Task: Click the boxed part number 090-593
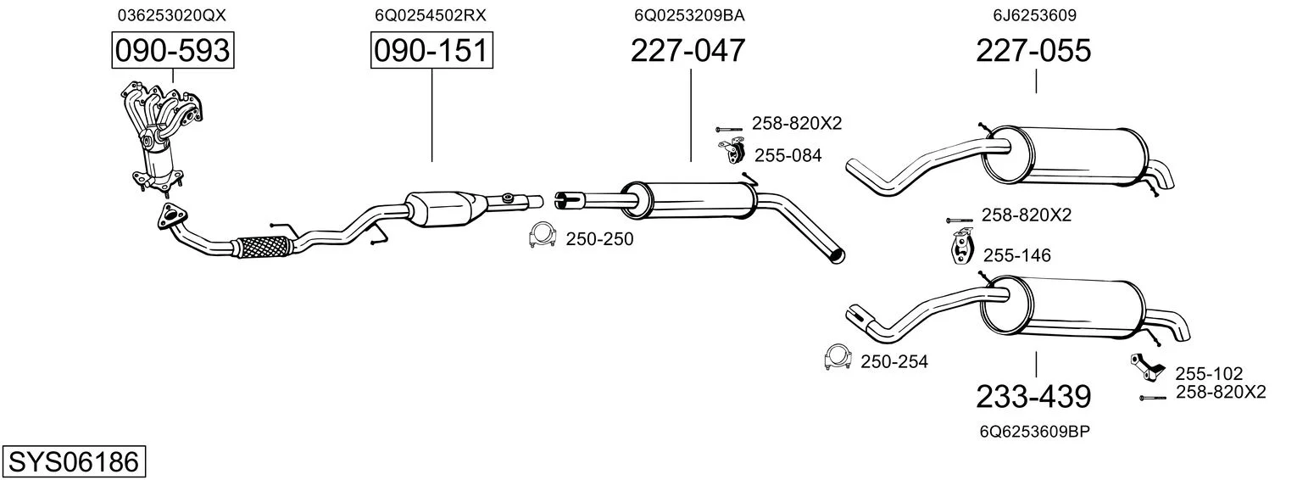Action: (173, 51)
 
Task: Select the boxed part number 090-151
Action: (431, 51)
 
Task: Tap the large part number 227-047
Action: (687, 51)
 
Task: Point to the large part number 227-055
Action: (1033, 51)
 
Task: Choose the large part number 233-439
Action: (1033, 397)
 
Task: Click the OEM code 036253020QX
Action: (172, 15)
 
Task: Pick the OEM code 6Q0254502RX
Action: (431, 15)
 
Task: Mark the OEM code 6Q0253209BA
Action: (689, 15)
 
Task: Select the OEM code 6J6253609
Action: (1035, 15)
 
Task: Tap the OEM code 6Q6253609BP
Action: (1035, 432)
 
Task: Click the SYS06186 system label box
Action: (74, 461)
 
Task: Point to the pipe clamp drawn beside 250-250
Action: (543, 234)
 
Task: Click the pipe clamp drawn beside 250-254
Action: (838, 357)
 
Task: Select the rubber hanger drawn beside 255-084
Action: (732, 150)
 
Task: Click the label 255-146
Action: (1016, 255)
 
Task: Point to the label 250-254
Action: (894, 362)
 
